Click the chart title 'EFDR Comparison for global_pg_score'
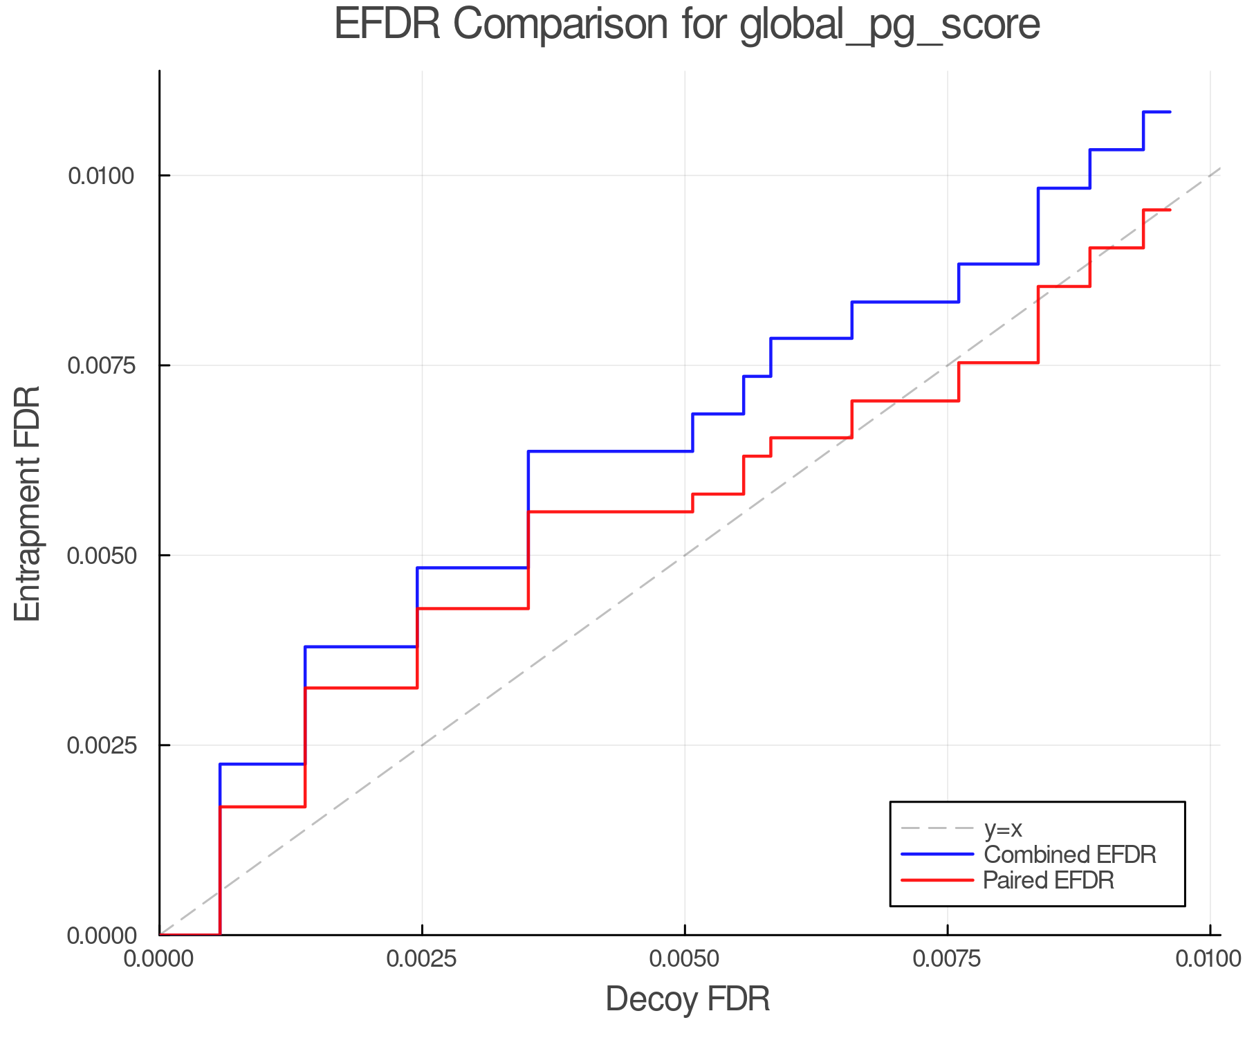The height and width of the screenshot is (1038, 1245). [687, 25]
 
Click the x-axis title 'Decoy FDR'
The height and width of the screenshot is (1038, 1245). [688, 999]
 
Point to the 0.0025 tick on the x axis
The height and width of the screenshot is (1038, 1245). [422, 959]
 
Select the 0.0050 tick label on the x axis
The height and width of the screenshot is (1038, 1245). [685, 959]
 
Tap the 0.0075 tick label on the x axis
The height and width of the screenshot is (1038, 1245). [947, 959]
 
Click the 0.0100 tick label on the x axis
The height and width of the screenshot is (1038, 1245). [1208, 959]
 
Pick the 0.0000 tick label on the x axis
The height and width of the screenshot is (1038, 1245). [160, 959]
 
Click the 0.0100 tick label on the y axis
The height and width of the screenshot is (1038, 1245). [100, 176]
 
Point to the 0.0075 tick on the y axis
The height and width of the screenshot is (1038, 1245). [100, 365]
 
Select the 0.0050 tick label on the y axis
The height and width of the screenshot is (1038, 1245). [100, 555]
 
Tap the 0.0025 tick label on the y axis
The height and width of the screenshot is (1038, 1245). [100, 745]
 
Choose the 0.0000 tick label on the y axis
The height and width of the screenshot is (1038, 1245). [100, 936]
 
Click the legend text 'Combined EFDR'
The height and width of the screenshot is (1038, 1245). [1069, 855]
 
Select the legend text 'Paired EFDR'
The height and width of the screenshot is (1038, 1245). [1049, 880]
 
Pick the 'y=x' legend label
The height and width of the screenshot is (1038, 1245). [1003, 828]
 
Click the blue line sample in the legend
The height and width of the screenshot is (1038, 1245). [937, 855]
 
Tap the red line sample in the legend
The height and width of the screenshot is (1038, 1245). [937, 880]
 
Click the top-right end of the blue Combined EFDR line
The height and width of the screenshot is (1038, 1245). [1170, 111]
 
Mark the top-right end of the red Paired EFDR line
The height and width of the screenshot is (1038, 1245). [1170, 210]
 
